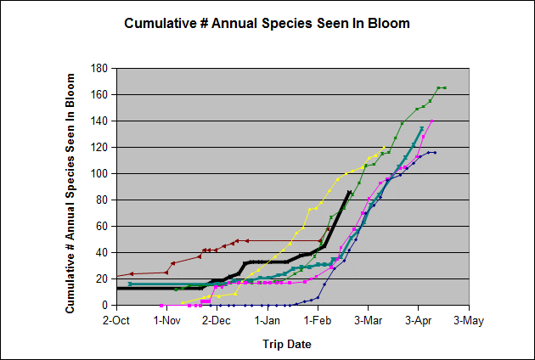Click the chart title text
click(x=267, y=23)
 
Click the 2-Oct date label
click(x=115, y=321)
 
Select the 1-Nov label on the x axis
click(x=166, y=321)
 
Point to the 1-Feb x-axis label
click(x=318, y=321)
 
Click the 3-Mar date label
click(x=368, y=321)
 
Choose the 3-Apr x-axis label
click(x=418, y=321)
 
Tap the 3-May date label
click(x=468, y=321)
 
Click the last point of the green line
click(x=445, y=87)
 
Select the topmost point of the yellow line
click(x=384, y=147)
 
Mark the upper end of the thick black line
click(x=349, y=192)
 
